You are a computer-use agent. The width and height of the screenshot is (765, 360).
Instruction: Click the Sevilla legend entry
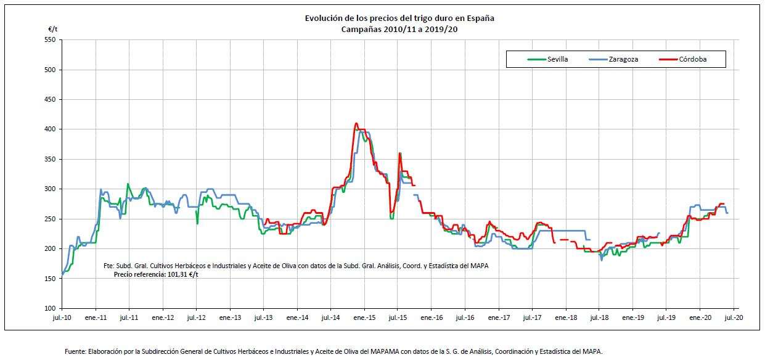coord(557,59)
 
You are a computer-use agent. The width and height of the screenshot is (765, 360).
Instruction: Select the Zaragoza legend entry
coord(623,59)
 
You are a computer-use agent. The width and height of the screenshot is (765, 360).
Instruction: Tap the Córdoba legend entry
coord(693,59)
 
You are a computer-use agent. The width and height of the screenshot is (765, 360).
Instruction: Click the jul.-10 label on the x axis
coord(62,318)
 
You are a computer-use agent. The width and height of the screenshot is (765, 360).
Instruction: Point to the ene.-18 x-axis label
coord(565,318)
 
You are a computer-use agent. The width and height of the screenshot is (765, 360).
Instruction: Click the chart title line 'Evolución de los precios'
coord(399,18)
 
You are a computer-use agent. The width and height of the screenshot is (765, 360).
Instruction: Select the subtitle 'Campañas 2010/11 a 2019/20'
coord(399,28)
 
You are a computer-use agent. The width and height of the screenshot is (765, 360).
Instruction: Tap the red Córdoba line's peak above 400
coord(356,123)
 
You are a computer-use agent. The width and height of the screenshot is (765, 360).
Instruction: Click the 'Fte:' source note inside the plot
coord(109,266)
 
